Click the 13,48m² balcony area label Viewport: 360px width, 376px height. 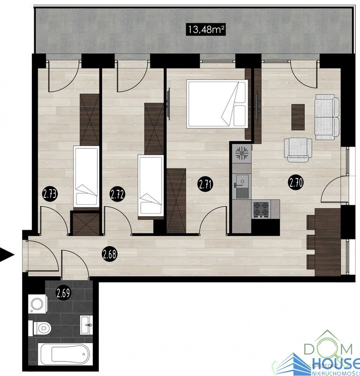point(206,30)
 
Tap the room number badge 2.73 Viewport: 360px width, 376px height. point(50,194)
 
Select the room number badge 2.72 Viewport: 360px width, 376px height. point(117,194)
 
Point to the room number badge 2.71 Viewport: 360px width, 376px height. point(205,185)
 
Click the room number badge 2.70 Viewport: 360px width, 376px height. point(295,183)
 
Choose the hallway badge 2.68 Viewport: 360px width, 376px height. point(110,255)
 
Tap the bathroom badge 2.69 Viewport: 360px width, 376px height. point(63,293)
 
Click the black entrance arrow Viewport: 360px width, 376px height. point(7,255)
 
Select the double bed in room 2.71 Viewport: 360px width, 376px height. point(217,104)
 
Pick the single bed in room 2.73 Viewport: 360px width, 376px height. point(86,176)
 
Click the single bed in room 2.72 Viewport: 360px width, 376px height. point(150,186)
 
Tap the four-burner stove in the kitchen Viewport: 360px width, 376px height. point(261,209)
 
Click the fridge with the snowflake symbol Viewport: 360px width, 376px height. point(241,153)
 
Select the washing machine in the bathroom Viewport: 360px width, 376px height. point(37,304)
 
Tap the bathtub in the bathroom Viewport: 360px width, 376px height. point(65,354)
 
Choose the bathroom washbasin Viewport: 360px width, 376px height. point(86,325)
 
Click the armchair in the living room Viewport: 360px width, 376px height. point(298,150)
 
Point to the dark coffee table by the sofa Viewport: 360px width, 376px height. point(298,117)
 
